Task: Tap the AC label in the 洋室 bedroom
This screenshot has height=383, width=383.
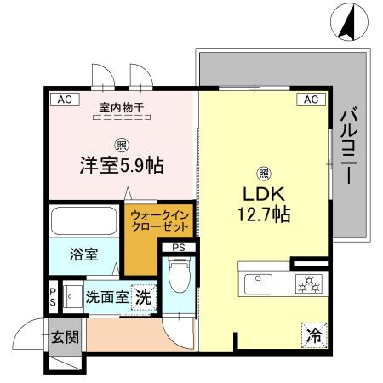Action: (64, 100)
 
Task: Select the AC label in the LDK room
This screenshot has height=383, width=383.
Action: (309, 100)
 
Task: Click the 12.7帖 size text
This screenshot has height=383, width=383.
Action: (264, 214)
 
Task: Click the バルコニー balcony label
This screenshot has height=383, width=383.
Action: (348, 146)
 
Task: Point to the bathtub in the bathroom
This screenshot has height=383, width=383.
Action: (84, 220)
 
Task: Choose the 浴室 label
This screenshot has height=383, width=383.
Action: (83, 253)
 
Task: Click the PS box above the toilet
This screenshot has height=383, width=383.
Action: (178, 248)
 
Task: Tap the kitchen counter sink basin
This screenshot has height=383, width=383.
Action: (255, 281)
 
